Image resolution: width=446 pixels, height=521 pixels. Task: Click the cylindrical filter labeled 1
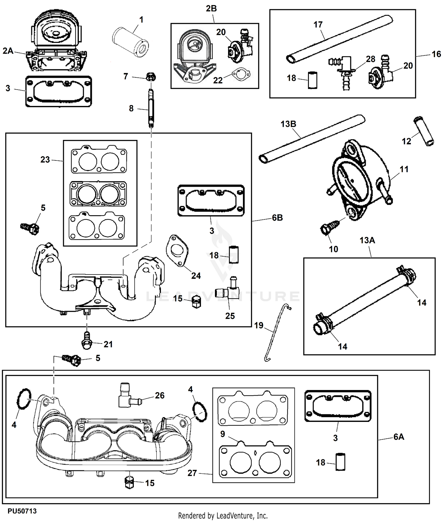[131, 45]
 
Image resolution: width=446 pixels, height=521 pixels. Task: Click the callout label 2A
[8, 51]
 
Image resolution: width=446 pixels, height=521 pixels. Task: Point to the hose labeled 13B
[312, 139]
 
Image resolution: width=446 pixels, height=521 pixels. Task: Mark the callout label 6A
[399, 437]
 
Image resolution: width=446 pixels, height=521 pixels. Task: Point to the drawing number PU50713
[22, 511]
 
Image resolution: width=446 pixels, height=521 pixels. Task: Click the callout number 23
[45, 160]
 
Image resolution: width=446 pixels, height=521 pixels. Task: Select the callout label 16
[436, 54]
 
